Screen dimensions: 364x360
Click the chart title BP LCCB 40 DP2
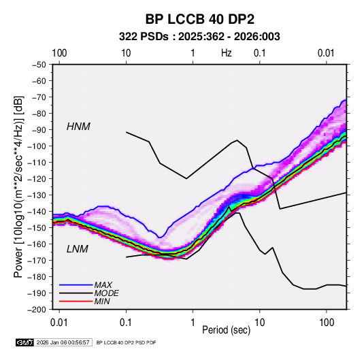point(199,19)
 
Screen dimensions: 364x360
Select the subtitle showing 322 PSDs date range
point(199,37)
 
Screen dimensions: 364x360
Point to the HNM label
point(78,127)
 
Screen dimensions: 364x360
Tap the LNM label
point(78,249)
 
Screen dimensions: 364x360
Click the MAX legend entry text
point(103,284)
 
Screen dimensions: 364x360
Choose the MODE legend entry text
point(107,293)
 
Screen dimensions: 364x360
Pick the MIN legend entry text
point(102,301)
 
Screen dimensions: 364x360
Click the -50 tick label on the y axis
point(39,65)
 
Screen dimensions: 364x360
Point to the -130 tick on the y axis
point(37,195)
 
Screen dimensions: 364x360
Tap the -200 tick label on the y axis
point(37,310)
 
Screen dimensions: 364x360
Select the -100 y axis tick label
point(37,146)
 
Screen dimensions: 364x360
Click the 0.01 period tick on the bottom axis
point(59,323)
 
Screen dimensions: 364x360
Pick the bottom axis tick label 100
point(327,323)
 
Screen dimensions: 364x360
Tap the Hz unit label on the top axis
point(227,53)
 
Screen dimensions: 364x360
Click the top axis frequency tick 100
point(59,53)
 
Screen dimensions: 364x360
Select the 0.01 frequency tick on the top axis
point(326,53)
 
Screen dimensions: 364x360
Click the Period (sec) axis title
point(227,330)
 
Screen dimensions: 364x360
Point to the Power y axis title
point(18,186)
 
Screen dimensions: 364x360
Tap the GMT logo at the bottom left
point(25,342)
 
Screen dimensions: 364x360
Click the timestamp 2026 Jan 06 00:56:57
point(63,342)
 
